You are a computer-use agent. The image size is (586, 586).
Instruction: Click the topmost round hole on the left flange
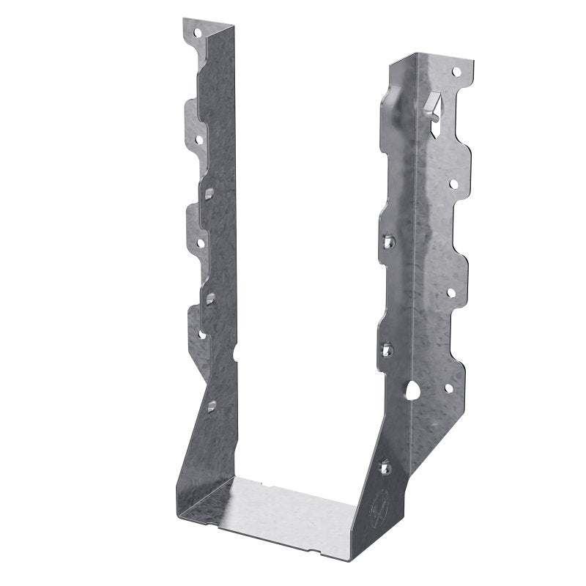pos(196,31)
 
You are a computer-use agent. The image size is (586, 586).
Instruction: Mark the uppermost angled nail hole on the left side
pos(210,193)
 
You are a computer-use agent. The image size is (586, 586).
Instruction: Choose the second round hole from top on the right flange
pos(453,183)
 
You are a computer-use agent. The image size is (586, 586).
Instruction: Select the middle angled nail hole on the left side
pos(210,297)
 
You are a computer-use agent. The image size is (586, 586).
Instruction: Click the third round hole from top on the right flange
pos(451,292)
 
